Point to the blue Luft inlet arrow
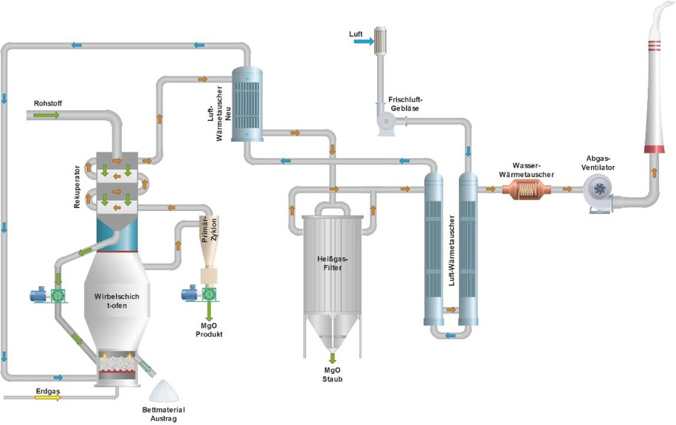coord(363,42)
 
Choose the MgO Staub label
coord(333,374)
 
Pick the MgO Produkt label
coord(209,329)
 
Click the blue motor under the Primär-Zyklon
coord(190,295)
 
